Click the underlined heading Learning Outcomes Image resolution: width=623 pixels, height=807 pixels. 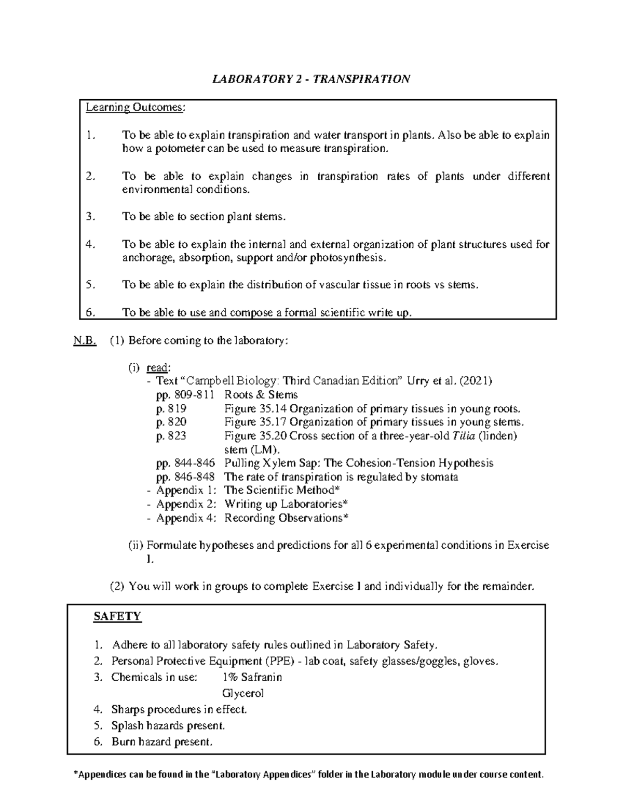point(135,108)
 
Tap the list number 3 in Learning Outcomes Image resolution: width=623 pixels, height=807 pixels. point(90,217)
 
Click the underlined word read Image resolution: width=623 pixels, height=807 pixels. point(157,368)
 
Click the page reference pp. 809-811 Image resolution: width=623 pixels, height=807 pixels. point(184,395)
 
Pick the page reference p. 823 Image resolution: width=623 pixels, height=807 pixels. point(171,435)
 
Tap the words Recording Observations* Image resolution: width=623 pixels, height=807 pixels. point(286,518)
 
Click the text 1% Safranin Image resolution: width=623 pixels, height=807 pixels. point(252,677)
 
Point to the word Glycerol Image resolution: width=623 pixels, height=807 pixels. point(243,693)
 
